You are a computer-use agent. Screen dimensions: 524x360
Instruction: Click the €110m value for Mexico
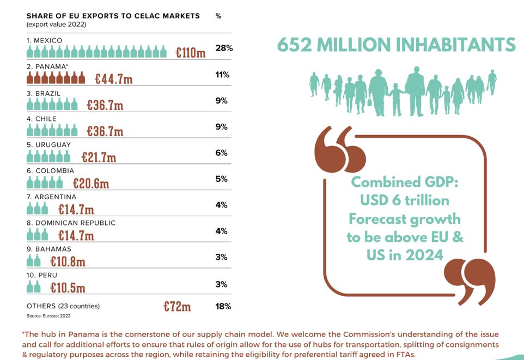coord(191,52)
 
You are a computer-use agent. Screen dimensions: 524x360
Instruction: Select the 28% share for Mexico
coord(224,48)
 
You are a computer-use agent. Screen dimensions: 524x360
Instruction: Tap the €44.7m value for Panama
coord(114,79)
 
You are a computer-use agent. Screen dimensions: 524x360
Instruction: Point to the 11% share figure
coord(222,75)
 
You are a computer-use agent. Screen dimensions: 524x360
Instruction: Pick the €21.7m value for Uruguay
coord(99,157)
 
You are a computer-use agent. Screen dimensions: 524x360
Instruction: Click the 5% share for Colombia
coord(221,179)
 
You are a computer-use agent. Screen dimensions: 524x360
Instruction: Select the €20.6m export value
coord(91,183)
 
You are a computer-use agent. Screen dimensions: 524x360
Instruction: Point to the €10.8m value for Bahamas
coord(68,261)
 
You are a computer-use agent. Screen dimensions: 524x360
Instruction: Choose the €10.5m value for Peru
coord(68,288)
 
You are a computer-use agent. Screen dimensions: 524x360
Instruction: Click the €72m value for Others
coord(177,306)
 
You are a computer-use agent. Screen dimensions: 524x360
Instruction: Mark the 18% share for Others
coord(223,307)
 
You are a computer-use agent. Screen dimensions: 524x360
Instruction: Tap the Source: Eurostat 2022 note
coord(48,316)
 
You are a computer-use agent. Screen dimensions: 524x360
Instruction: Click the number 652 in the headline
coord(295,45)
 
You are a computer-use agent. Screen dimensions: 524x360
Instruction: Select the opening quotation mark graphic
coord(339,149)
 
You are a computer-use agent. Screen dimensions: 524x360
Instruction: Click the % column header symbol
coord(218,16)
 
